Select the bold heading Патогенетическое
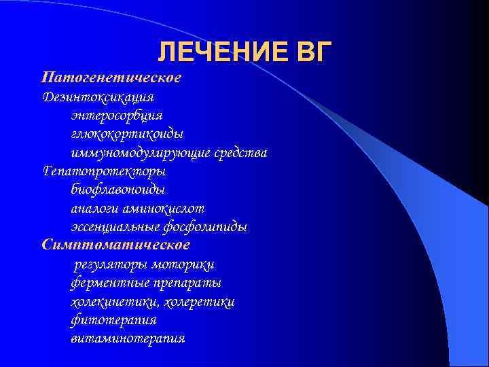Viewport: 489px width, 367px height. point(111,77)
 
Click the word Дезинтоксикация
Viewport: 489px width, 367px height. point(98,97)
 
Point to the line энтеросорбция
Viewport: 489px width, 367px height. point(116,116)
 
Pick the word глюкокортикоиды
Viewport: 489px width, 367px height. point(127,134)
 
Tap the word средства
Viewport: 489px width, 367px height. point(240,153)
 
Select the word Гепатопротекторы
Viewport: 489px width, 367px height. point(104,171)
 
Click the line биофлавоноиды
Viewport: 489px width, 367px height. point(117,190)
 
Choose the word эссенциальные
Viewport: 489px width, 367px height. point(117,226)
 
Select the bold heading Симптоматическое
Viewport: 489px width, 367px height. point(116,244)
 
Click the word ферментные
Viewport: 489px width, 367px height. point(105,283)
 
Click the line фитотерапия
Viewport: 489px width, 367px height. point(113,319)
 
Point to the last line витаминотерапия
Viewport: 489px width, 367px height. point(128,338)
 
